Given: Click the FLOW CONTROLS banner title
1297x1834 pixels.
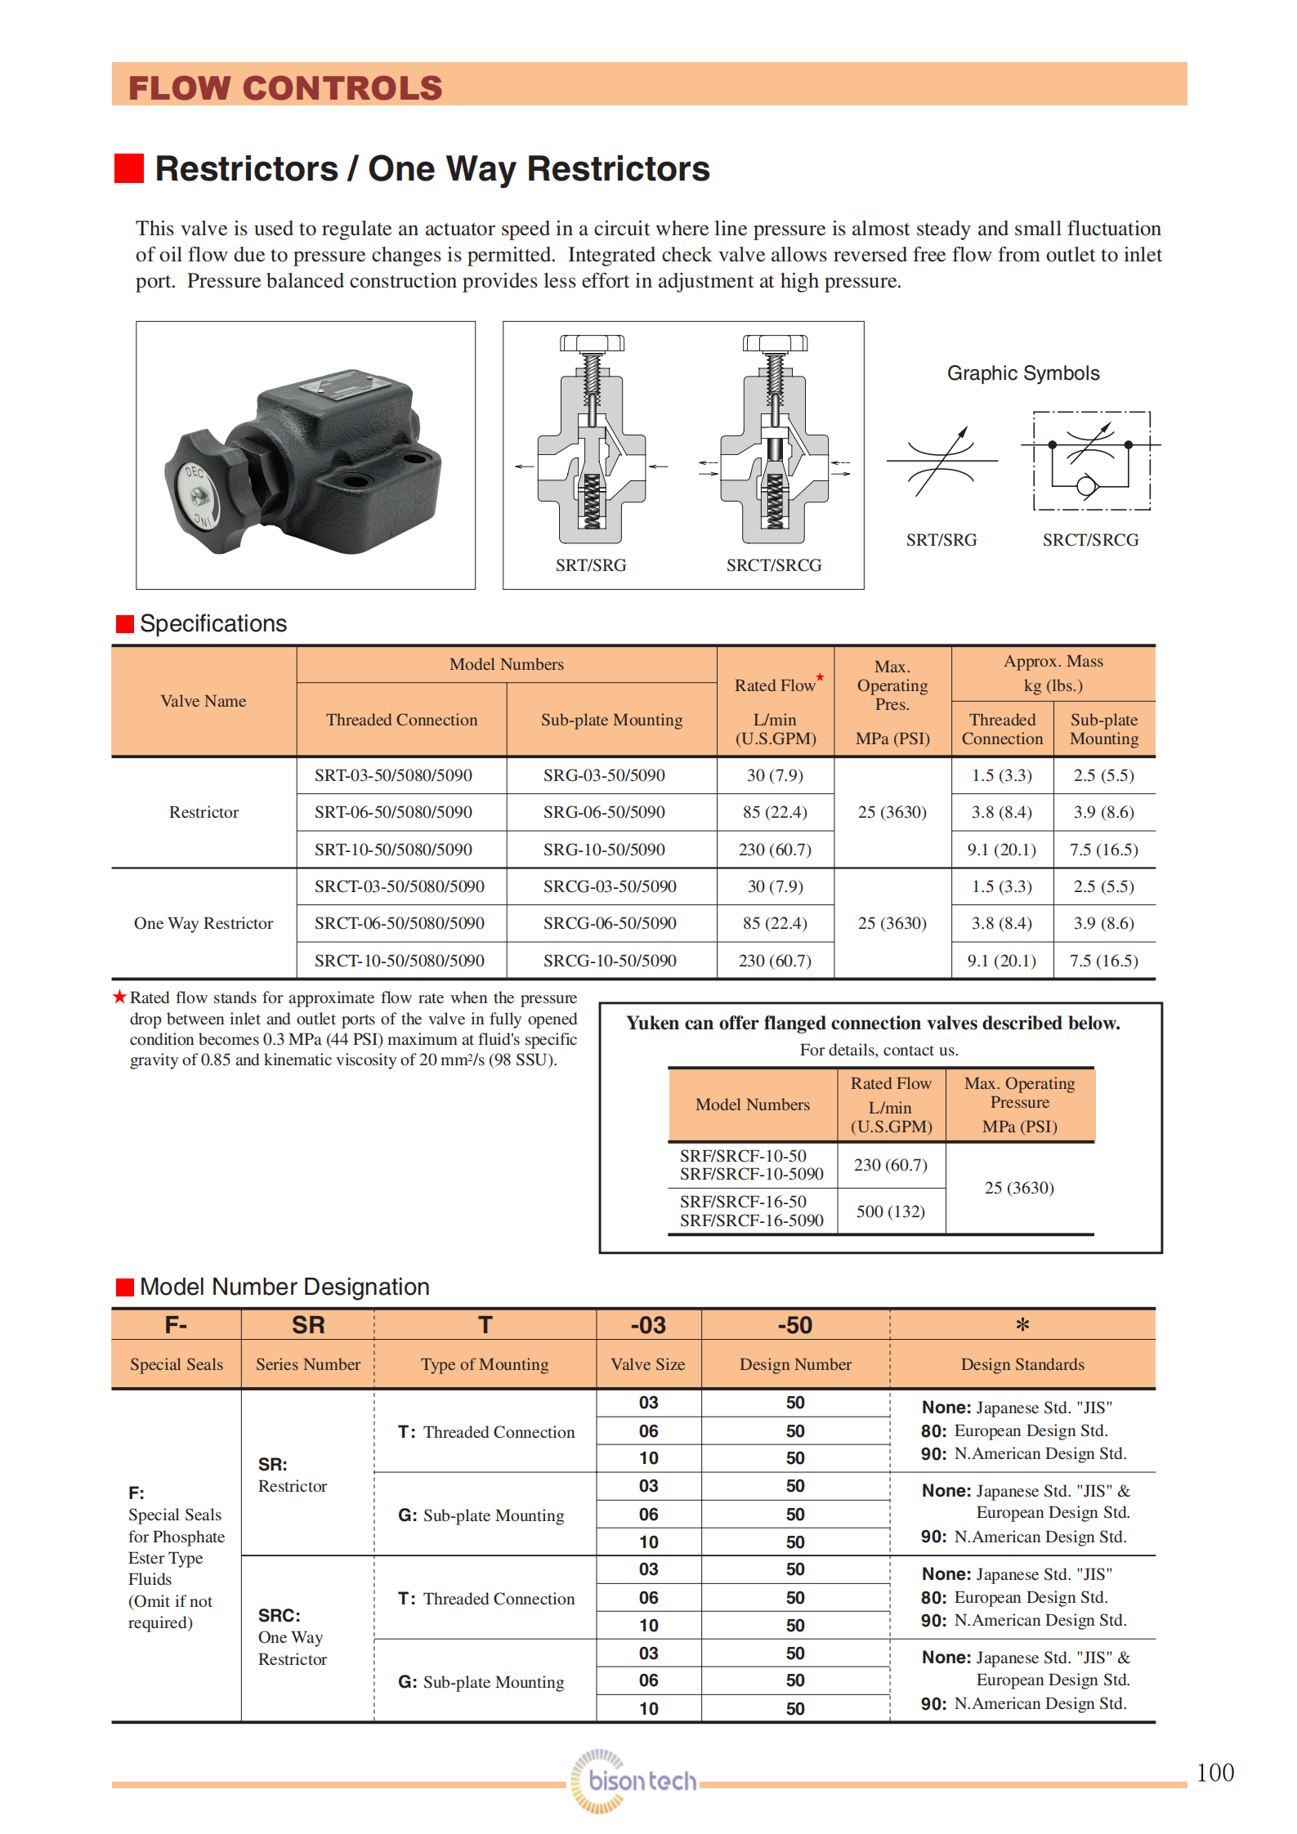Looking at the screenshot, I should pyautogui.click(x=285, y=87).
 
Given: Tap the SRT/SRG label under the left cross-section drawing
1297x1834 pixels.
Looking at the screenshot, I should pyautogui.click(x=590, y=565).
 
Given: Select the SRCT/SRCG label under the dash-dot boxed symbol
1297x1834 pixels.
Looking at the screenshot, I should pyautogui.click(x=1089, y=540).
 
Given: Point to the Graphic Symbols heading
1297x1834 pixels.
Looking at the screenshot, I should pyautogui.click(x=1022, y=373).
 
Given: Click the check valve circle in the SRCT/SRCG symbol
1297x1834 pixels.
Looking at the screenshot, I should pyautogui.click(x=1086, y=487).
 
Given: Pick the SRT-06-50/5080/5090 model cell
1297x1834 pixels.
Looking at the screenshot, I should pyautogui.click(x=393, y=812).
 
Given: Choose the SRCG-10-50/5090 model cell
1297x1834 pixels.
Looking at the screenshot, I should pyautogui.click(x=610, y=961).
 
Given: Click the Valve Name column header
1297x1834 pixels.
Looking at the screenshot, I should pyautogui.click(x=203, y=701).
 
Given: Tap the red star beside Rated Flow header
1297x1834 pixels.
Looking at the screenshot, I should pyautogui.click(x=820, y=677).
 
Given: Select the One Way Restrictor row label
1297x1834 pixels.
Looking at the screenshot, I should pyautogui.click(x=203, y=923).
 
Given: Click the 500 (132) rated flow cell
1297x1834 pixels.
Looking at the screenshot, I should pyautogui.click(x=890, y=1212).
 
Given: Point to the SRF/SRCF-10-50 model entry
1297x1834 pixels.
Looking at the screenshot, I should pyautogui.click(x=743, y=1156).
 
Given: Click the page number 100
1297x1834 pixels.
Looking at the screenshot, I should pyautogui.click(x=1214, y=1773).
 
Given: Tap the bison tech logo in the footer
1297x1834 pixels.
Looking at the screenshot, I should pyautogui.click(x=634, y=1781).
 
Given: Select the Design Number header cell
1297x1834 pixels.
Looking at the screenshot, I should pyautogui.click(x=795, y=1364).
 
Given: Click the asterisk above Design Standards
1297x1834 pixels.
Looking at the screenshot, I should pyautogui.click(x=1022, y=1325).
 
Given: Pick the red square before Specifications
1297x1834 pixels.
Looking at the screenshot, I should pyautogui.click(x=124, y=624).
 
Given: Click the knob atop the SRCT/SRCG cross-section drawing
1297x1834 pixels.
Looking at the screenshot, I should pyautogui.click(x=774, y=343).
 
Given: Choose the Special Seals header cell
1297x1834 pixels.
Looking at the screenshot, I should pyautogui.click(x=176, y=1364).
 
